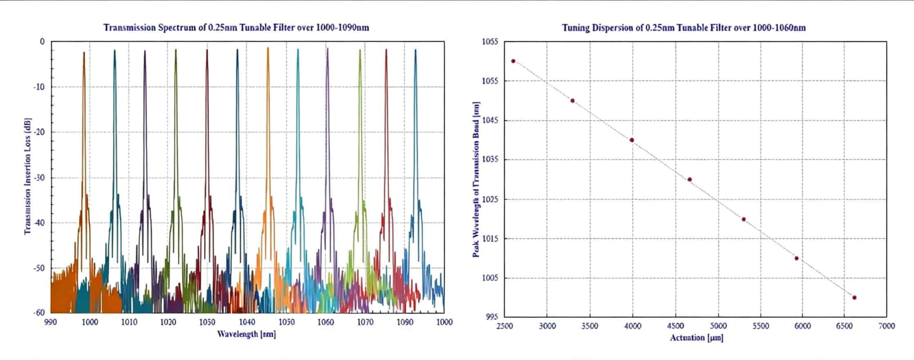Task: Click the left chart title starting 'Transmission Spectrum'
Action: tap(236, 28)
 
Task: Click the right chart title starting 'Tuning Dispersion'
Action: tap(683, 28)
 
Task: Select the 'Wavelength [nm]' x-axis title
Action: tap(246, 334)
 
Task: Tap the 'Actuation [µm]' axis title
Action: tap(697, 338)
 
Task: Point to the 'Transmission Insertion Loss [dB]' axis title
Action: tap(28, 177)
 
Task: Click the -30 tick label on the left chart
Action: tap(39, 178)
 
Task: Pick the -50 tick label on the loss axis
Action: tap(39, 268)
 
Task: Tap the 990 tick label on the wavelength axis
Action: tap(50, 322)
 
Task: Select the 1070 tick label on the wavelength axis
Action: tap(365, 322)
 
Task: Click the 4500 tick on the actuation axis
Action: tap(675, 326)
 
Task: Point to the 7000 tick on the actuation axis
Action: tap(886, 326)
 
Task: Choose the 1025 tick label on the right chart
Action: tap(490, 199)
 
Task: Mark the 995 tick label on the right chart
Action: tap(492, 317)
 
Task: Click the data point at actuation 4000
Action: tap(632, 140)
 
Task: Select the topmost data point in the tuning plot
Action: tap(513, 61)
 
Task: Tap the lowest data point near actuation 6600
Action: tap(854, 297)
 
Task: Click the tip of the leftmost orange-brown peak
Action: tap(84, 53)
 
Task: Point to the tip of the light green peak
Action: tap(360, 51)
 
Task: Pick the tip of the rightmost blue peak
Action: tap(415, 50)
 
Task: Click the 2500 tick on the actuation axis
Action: tap(504, 326)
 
